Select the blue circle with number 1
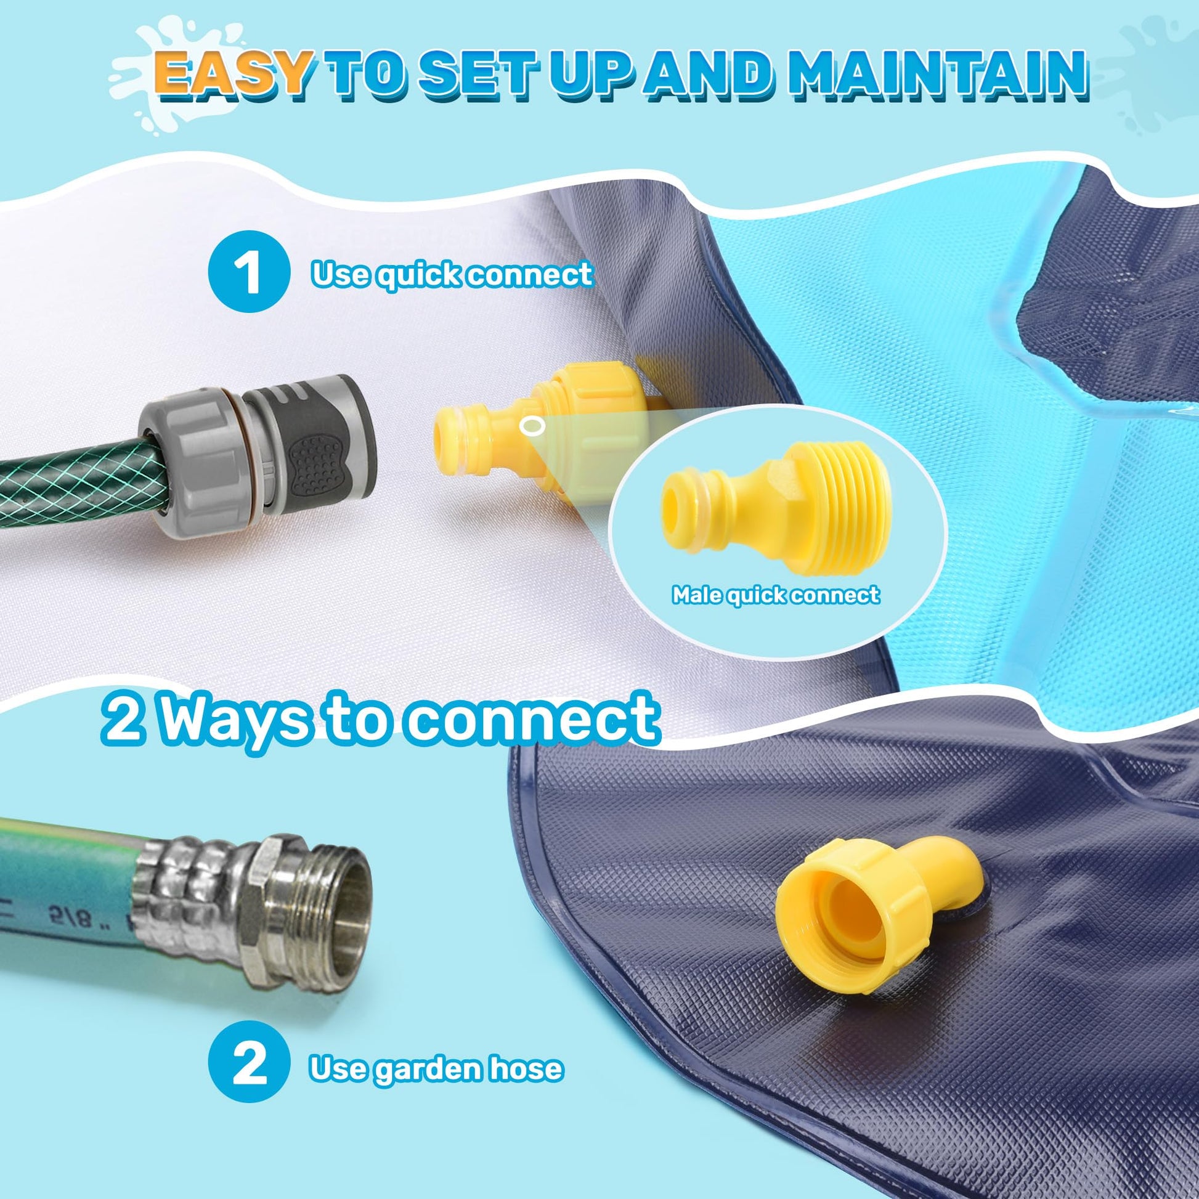[248, 274]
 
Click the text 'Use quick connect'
[452, 274]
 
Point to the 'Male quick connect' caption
[776, 595]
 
